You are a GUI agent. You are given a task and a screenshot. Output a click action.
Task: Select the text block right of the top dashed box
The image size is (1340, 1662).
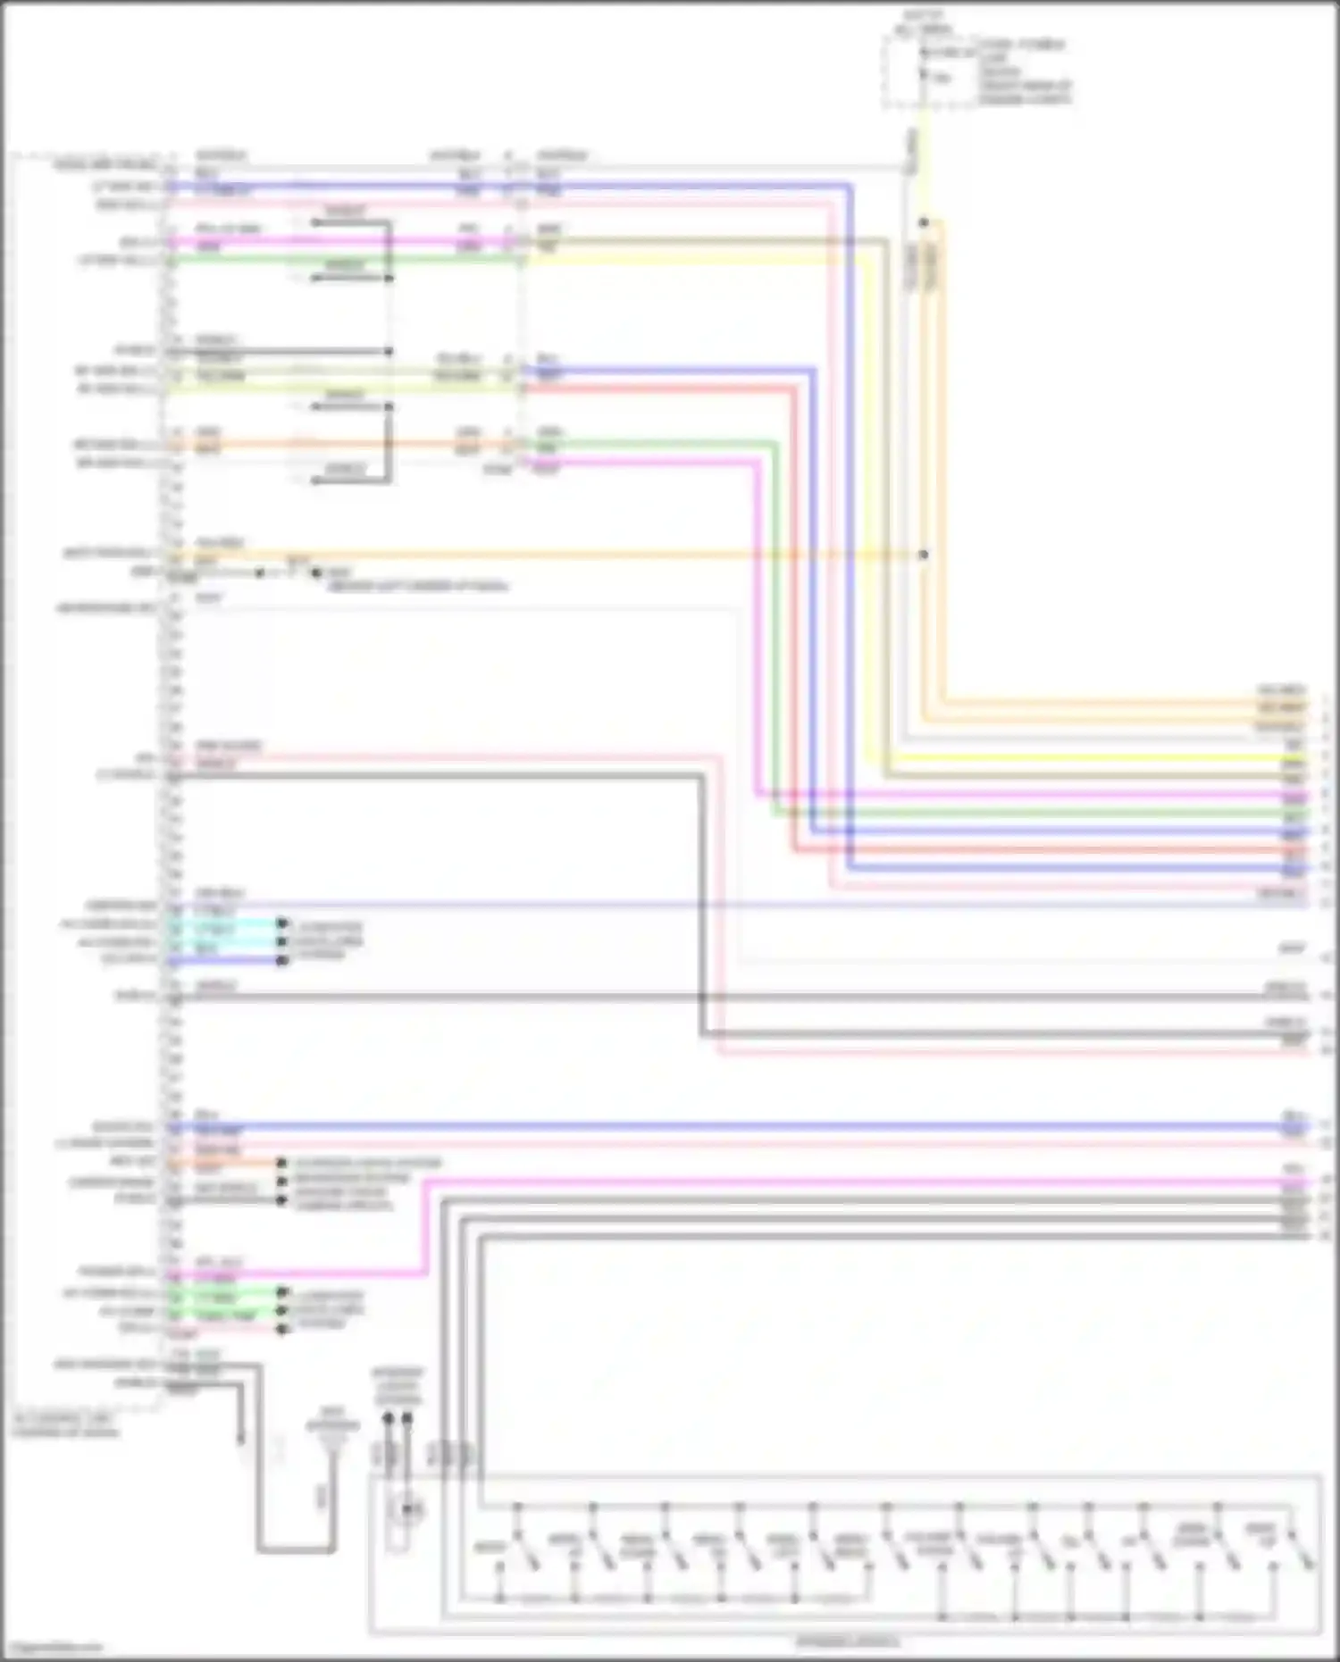(1024, 71)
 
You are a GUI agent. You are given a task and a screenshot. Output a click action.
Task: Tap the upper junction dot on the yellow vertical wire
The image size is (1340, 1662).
(924, 222)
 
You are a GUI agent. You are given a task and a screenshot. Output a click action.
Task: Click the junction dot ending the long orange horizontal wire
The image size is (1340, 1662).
(924, 555)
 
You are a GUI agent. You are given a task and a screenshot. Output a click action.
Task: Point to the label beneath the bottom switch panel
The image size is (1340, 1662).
(848, 1641)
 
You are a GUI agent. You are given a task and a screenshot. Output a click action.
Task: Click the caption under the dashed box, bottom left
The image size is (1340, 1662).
(64, 1425)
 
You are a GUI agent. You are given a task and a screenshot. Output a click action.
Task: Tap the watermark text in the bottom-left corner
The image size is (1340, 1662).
(54, 1648)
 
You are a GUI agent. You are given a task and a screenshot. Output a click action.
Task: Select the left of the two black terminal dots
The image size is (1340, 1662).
(388, 1417)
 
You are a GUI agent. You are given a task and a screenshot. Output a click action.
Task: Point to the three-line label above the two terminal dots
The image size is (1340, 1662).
(398, 1385)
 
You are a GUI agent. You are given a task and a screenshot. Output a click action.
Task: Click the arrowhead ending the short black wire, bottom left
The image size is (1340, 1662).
(240, 1439)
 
